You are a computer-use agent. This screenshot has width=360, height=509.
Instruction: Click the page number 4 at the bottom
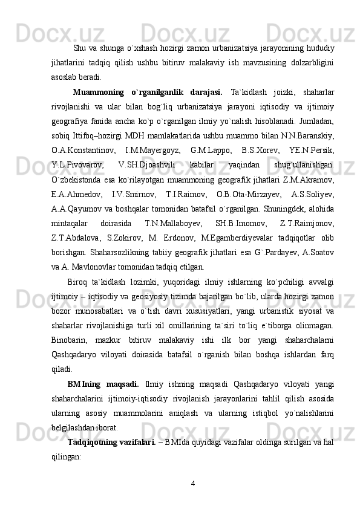pos(192,483)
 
